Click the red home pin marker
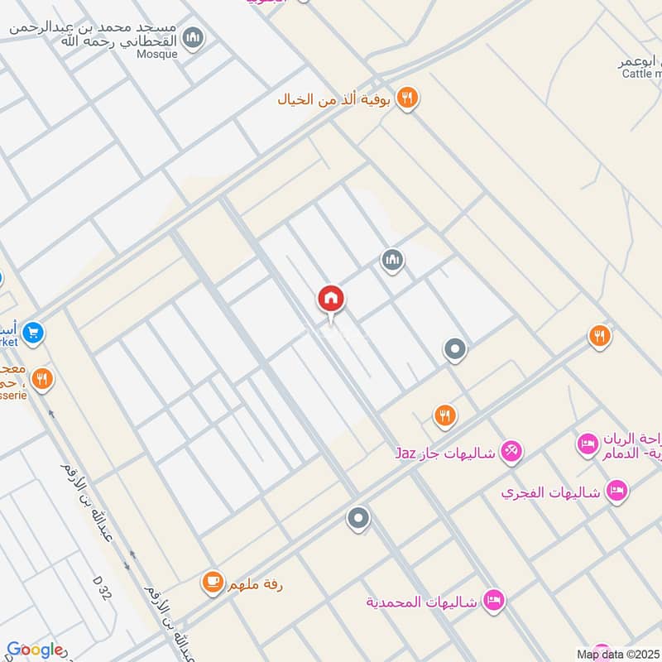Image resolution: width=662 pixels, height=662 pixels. tap(331, 300)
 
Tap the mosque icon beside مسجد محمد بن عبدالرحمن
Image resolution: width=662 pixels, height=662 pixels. tap(194, 38)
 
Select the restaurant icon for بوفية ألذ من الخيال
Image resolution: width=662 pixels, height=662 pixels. tap(406, 98)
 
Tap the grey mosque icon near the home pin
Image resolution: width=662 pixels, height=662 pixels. tap(392, 261)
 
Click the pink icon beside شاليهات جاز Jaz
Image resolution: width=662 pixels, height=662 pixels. tap(511, 451)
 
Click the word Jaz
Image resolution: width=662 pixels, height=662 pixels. tap(405, 453)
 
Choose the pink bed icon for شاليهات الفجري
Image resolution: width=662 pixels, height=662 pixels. tap(616, 491)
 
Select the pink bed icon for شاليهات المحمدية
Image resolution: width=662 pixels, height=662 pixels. tap(494, 600)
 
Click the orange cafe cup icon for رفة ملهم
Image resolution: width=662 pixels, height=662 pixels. tap(213, 583)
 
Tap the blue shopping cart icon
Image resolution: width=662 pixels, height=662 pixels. tap(33, 333)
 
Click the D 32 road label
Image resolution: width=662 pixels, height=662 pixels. tap(103, 591)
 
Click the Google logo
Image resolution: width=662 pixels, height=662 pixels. tap(35, 650)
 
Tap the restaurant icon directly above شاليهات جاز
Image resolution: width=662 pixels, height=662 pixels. tap(445, 415)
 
